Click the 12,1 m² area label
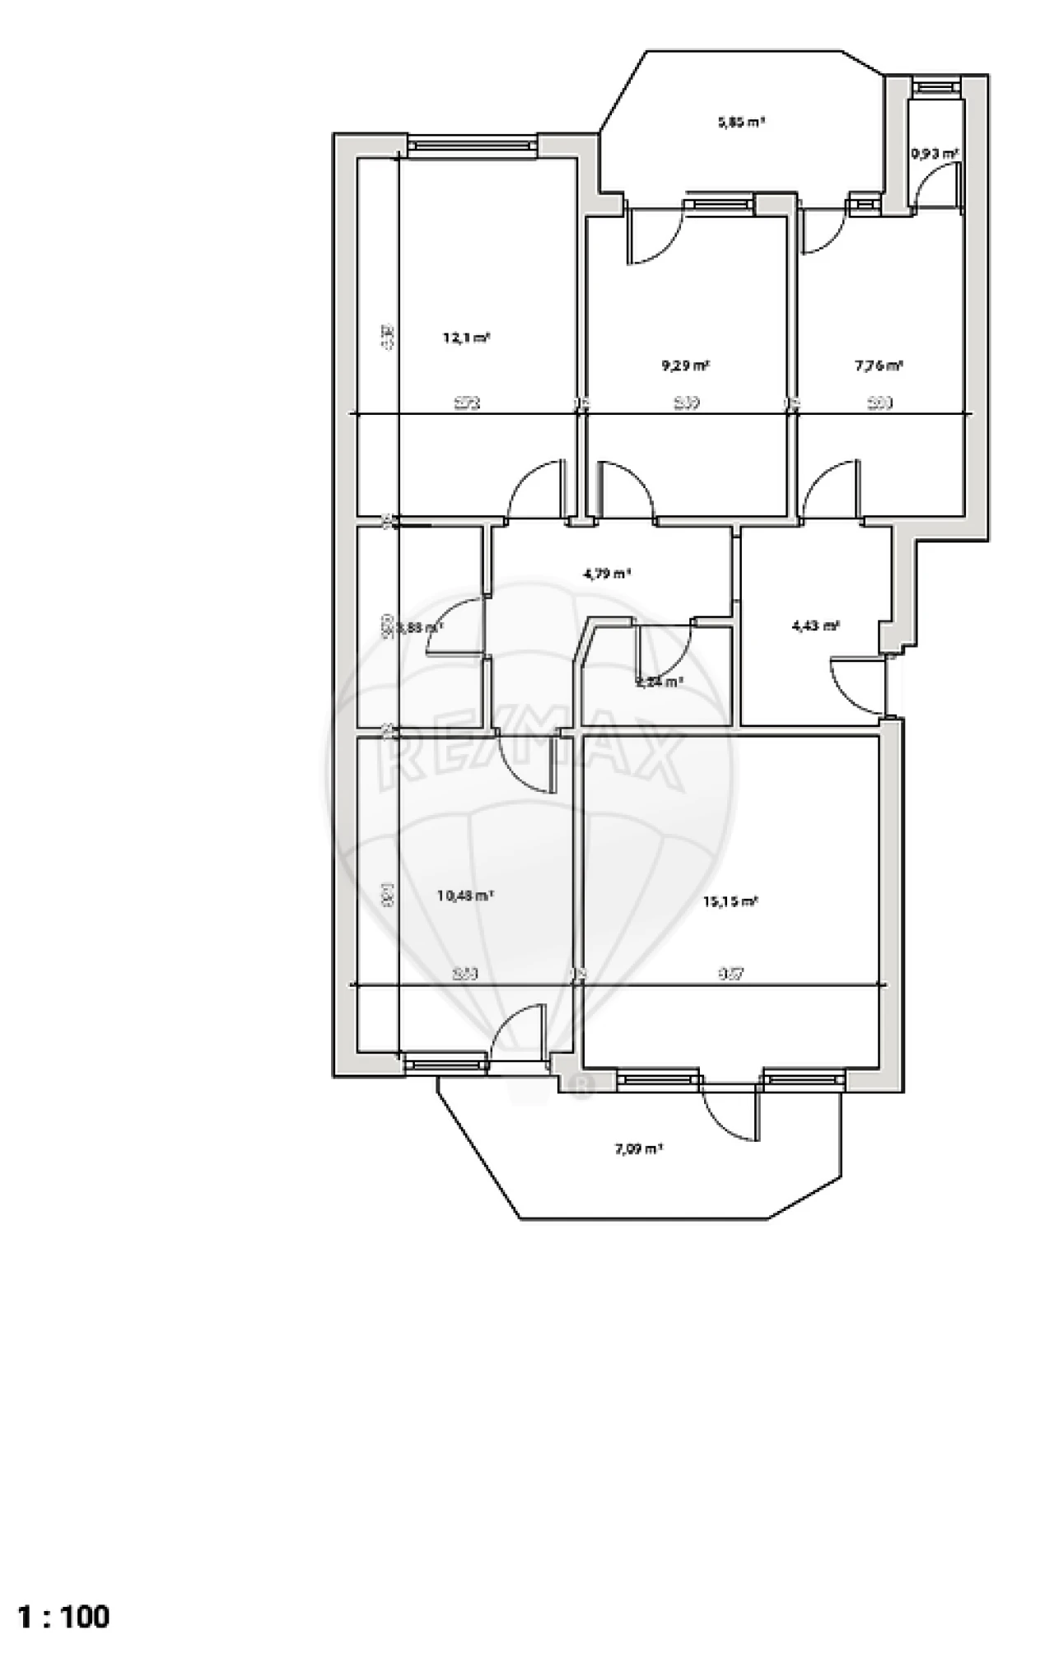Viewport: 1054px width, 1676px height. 467,338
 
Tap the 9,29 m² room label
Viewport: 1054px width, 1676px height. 686,365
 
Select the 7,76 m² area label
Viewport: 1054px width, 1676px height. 879,365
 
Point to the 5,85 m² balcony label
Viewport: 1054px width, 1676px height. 740,123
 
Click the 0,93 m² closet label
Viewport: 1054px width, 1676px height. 935,153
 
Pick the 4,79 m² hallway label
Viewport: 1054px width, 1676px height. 607,574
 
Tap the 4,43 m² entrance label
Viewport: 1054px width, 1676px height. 815,626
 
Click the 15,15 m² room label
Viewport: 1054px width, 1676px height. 730,901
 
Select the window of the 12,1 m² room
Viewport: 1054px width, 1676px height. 473,145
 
